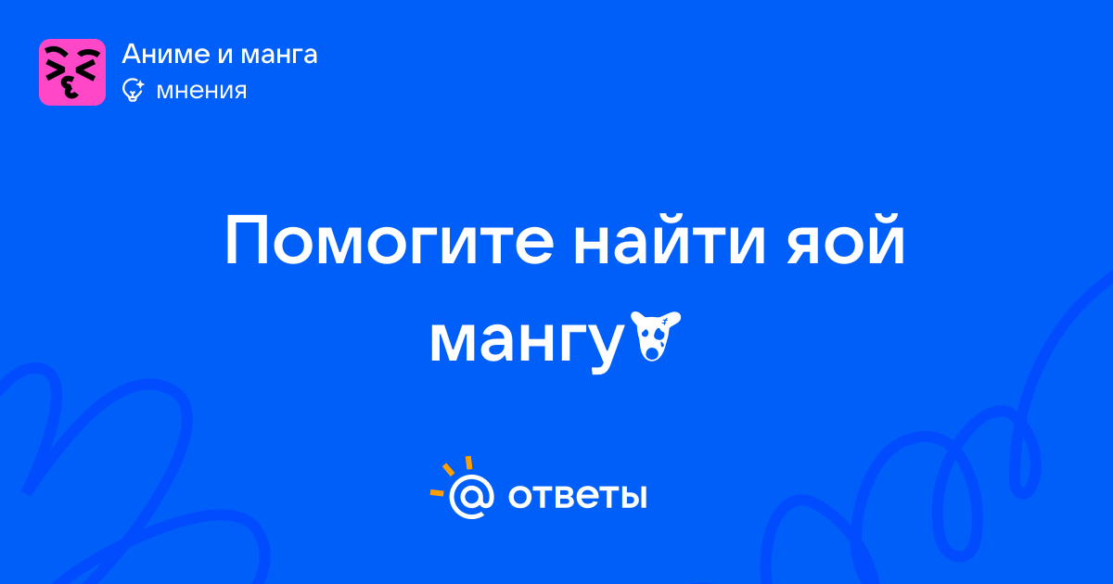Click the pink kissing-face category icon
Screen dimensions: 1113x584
[72, 72]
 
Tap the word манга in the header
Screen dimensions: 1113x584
[279, 55]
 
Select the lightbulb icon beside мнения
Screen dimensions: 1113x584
[133, 90]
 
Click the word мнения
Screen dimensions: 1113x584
[201, 91]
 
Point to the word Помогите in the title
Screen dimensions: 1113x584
[390, 240]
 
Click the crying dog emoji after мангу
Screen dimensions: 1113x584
[656, 336]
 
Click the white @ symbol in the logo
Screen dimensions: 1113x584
[471, 496]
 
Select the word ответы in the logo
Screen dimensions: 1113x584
[577, 497]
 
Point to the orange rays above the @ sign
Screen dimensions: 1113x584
[451, 475]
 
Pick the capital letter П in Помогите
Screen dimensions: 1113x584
[246, 240]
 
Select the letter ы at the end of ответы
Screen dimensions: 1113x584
[634, 497]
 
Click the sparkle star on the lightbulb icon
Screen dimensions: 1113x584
[139, 84]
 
